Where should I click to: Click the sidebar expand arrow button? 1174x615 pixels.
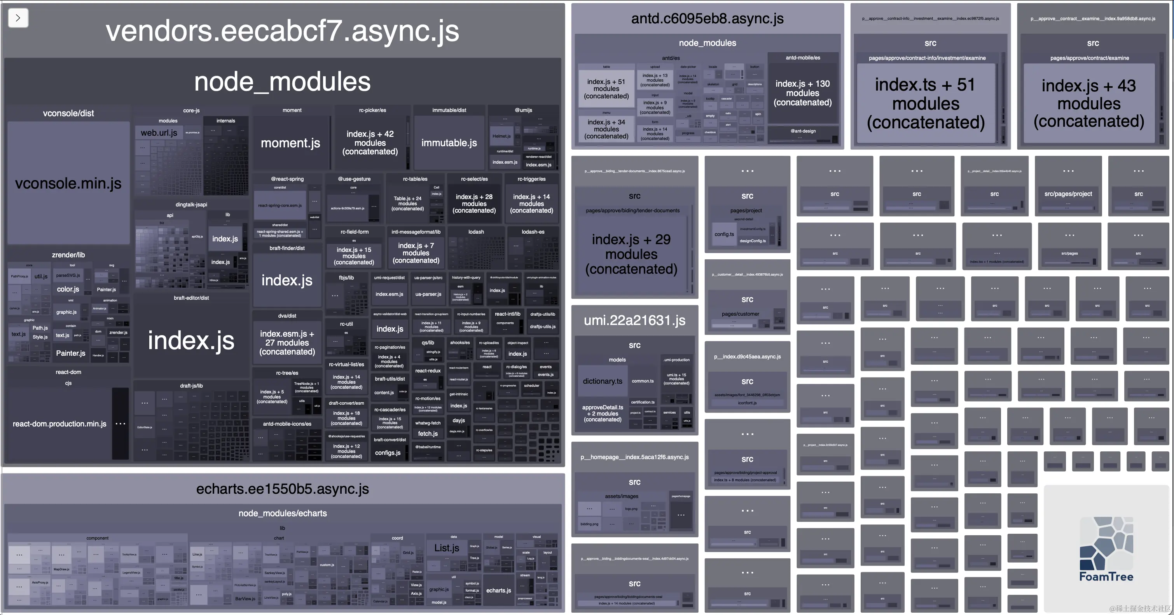click(x=18, y=18)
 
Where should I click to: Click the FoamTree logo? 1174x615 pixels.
click(x=1106, y=549)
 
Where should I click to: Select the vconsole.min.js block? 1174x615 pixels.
click(x=68, y=183)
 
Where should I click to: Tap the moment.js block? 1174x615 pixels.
click(x=291, y=143)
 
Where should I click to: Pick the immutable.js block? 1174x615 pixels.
click(x=449, y=143)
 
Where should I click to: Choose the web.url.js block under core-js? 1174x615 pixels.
click(x=159, y=133)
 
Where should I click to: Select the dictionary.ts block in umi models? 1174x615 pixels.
click(x=602, y=381)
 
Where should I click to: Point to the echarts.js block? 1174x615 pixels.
click(x=499, y=591)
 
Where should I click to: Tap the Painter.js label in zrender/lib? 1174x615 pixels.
click(x=71, y=353)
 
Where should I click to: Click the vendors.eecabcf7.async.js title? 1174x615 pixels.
click(x=283, y=31)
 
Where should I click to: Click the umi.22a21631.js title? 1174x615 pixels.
click(x=634, y=320)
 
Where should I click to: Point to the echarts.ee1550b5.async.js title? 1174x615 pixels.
click(x=283, y=489)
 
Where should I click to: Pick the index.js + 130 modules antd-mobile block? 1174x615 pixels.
click(x=803, y=93)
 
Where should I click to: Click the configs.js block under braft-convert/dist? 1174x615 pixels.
click(x=388, y=453)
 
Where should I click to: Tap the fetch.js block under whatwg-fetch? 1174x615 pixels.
click(x=428, y=434)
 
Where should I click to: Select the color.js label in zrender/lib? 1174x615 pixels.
click(x=68, y=289)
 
